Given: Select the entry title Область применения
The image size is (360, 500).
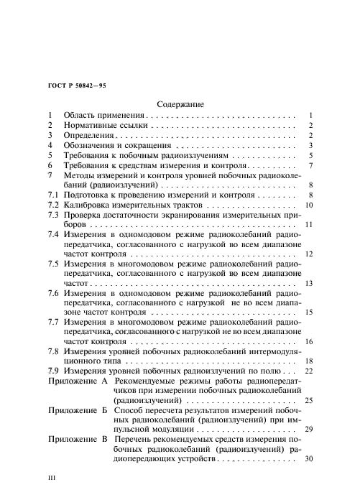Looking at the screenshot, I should pos(105,115).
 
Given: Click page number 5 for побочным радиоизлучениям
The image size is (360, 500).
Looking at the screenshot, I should pos(310,155).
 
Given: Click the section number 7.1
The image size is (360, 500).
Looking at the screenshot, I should pos(53,195).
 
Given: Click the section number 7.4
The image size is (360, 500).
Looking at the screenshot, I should pos(53,234).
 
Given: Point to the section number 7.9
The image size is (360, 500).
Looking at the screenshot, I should pos(53,370).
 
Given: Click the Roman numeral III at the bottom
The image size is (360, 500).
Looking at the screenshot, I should pos(51,476).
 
